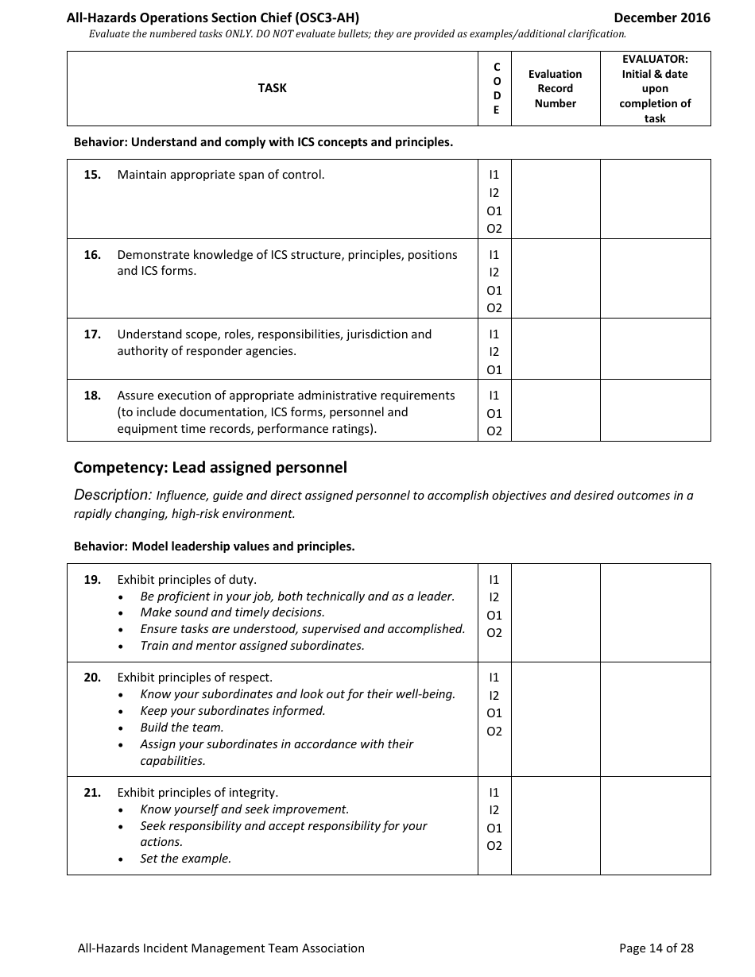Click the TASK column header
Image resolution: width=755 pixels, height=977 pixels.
pos(272,88)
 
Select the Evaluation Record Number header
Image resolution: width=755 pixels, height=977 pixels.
pos(555,88)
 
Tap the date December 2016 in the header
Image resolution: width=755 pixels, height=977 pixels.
pos(662,17)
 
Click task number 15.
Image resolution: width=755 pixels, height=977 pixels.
pos(92,175)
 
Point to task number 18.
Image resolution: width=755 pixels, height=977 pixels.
pos(92,396)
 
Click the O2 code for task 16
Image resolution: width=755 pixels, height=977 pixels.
pos(494,308)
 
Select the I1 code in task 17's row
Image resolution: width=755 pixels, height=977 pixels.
pos(494,334)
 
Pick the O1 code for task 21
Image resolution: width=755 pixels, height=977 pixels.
pos(494,828)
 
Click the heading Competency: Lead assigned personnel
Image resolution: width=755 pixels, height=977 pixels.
pos(210,468)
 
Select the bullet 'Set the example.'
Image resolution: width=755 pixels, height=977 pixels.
pos(185,859)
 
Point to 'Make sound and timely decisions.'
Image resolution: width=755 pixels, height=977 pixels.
pos(232,612)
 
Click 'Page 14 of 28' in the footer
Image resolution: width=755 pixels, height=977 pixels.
pos(656,948)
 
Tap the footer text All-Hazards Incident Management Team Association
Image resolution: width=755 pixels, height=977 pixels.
pos(221,948)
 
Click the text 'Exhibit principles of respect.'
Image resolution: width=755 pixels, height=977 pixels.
pos(195,678)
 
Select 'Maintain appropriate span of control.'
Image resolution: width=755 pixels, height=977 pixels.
pos(221,175)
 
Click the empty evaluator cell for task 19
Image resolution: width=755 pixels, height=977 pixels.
pos(655,612)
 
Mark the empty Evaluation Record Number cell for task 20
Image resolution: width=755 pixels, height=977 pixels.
pos(555,719)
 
